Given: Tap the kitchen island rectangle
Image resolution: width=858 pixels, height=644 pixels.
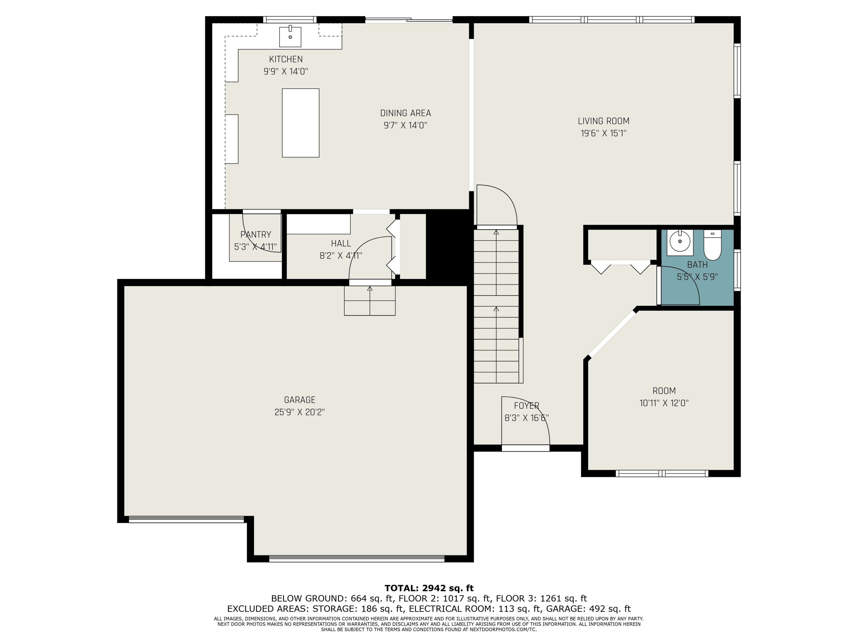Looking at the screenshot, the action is [x=301, y=123].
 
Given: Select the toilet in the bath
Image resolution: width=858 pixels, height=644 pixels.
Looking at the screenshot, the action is [x=712, y=245].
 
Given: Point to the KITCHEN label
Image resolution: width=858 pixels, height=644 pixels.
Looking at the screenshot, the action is [x=286, y=60].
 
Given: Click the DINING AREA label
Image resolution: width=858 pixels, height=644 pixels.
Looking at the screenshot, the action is [x=405, y=113].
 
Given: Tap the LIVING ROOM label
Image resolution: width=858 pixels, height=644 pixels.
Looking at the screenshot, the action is [x=603, y=121].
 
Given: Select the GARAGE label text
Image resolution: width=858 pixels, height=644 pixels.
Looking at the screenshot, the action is [x=299, y=400].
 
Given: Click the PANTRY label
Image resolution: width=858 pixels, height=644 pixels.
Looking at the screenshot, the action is [x=256, y=234].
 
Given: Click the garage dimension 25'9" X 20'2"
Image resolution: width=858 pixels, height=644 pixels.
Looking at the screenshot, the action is [x=299, y=412].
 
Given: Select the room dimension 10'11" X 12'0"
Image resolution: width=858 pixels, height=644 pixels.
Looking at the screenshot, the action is [x=664, y=403].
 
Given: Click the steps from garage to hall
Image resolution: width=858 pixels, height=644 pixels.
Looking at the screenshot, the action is [x=370, y=301].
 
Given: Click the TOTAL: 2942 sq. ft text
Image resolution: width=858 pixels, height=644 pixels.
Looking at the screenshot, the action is [x=429, y=588].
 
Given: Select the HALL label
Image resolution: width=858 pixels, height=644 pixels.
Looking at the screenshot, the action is [x=341, y=243].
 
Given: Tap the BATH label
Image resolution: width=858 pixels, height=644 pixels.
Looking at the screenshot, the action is [x=698, y=265].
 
